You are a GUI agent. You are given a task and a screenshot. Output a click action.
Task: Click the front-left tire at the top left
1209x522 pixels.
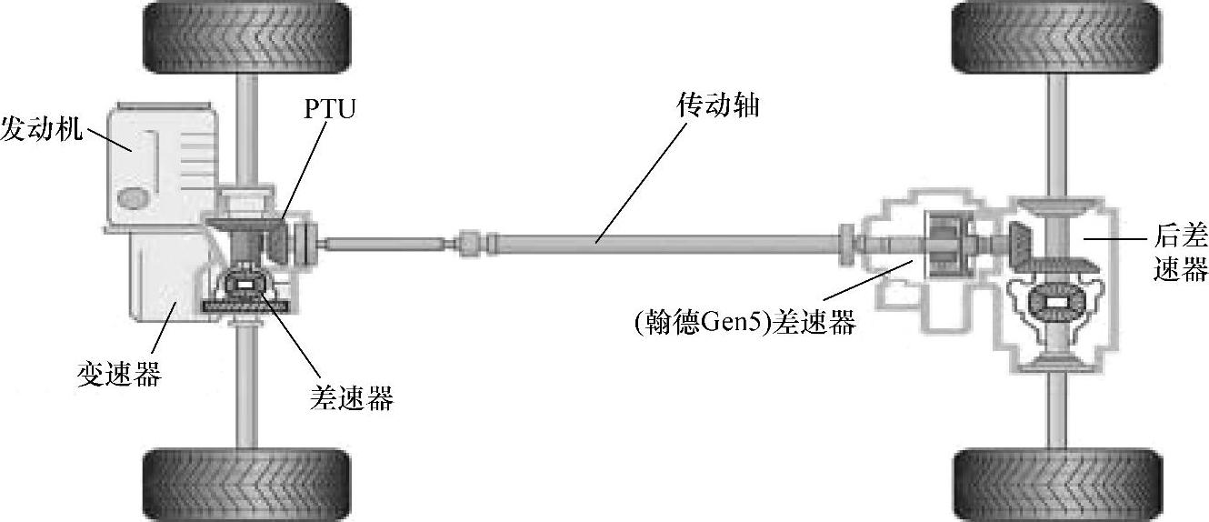pyautogui.click(x=246, y=37)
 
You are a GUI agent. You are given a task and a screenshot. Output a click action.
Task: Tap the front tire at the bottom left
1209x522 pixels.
pyautogui.click(x=246, y=485)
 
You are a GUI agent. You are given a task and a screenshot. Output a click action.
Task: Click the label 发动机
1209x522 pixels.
pyautogui.click(x=41, y=128)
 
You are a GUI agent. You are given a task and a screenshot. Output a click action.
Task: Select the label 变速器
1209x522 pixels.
pyautogui.click(x=119, y=373)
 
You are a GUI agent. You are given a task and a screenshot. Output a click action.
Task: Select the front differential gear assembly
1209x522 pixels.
pyautogui.click(x=246, y=284)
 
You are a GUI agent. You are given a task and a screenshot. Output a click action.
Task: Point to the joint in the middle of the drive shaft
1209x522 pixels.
pyautogui.click(x=470, y=243)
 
